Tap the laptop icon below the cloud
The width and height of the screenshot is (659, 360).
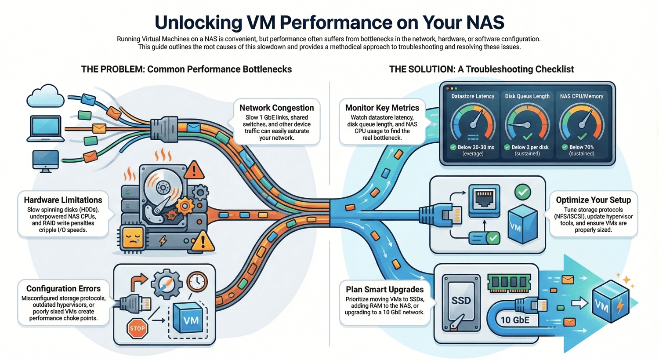coord(45,129)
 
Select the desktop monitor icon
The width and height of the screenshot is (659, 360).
coord(45,160)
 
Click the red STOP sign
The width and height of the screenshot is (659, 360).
coord(138,328)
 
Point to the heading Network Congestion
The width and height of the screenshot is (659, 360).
coord(276,108)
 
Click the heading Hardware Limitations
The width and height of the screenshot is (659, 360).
coord(63,200)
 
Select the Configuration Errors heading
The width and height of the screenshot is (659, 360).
coord(63,288)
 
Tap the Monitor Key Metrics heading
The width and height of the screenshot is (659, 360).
coord(382,108)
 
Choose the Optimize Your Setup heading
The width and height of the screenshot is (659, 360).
coord(593,200)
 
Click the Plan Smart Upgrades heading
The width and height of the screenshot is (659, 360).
coord(384,289)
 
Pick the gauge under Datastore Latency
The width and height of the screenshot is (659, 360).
coord(473,123)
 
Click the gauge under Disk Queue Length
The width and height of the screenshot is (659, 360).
coord(527,123)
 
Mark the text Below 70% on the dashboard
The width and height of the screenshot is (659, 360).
coord(581,147)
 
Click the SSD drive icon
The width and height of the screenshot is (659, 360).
coord(461,302)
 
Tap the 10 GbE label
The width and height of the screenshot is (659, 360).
coord(515,320)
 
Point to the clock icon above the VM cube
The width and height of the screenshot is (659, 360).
coord(197,282)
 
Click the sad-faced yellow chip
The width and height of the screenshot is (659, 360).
coord(133,238)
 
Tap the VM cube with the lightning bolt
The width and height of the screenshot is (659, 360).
coord(610,303)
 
